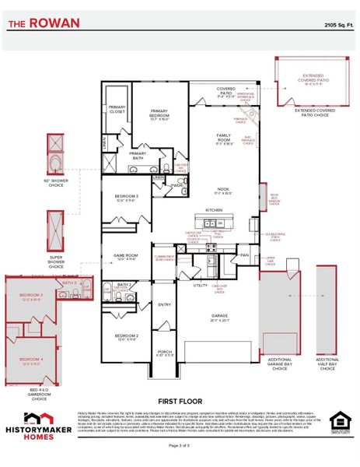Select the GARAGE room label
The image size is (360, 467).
tap(220, 316)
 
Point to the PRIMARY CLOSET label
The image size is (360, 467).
tap(117, 109)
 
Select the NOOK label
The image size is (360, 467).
tap(223, 189)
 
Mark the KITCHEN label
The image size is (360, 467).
tap(215, 210)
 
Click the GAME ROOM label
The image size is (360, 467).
tap(125, 255)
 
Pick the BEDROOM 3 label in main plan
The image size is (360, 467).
tap(126, 197)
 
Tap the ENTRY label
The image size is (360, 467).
tap(165, 305)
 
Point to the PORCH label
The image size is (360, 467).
tap(165, 352)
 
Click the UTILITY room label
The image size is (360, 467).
tap(200, 286)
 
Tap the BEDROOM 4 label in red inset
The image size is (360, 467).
tap(31, 340)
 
